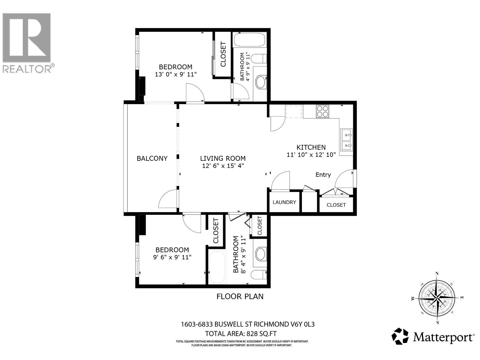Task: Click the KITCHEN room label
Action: tap(311, 147)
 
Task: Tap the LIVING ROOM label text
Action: tap(223, 158)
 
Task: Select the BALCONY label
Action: tap(152, 158)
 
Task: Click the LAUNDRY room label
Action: tap(284, 202)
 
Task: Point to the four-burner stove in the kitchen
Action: tap(322, 111)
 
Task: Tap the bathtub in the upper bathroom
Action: tap(249, 40)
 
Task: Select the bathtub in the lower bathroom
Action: tap(217, 267)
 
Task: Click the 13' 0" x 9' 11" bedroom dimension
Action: tap(175, 74)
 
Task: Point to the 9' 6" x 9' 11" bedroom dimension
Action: tap(172, 257)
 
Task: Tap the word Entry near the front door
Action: tap(323, 175)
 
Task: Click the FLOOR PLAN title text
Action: tap(240, 296)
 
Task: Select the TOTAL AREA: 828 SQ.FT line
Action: tap(241, 334)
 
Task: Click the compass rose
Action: tap(438, 298)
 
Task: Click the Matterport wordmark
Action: tap(443, 337)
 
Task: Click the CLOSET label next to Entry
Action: tap(336, 205)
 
